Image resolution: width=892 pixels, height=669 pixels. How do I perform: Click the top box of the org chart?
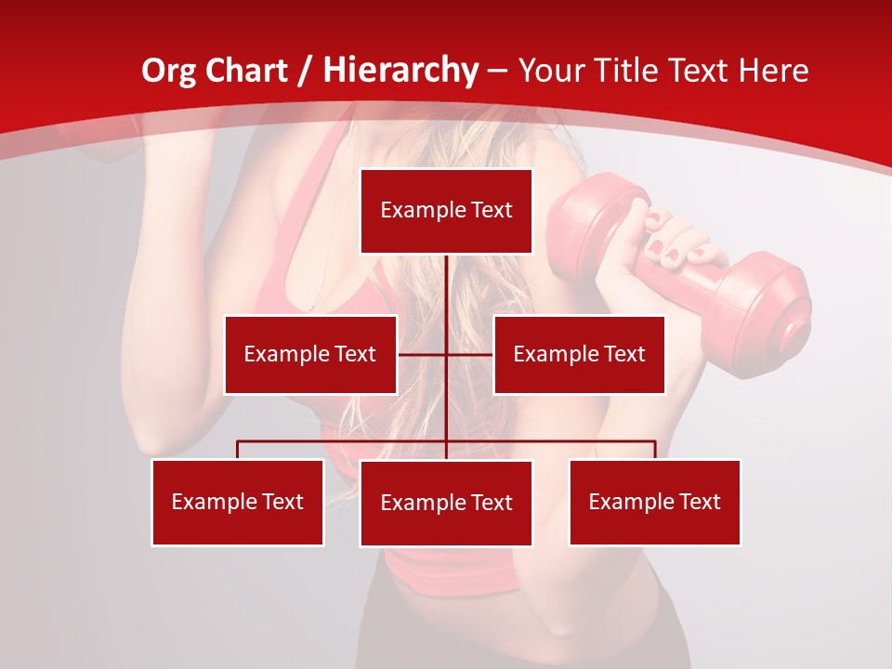click(446, 211)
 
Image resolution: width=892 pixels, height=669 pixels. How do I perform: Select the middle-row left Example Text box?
click(310, 354)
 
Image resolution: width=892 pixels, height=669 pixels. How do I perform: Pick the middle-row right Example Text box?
click(579, 354)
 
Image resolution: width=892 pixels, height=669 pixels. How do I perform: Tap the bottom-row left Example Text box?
click(237, 502)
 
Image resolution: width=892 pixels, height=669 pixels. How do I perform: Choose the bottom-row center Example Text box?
click(446, 503)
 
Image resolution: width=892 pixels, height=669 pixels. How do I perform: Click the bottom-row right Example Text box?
click(654, 502)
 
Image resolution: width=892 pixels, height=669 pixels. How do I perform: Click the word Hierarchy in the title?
click(400, 71)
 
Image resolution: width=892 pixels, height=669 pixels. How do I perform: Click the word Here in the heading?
click(774, 71)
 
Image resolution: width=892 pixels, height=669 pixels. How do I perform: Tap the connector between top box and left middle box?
click(422, 354)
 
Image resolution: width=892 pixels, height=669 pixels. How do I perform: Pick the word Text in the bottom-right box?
click(700, 502)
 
